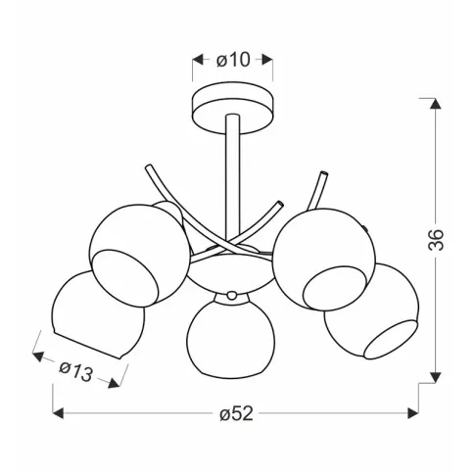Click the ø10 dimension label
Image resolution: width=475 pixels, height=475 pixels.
(233, 60)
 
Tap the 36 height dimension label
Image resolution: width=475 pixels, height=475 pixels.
(436, 240)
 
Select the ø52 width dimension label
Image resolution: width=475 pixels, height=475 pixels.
(237, 414)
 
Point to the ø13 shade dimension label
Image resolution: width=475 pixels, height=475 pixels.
(76, 371)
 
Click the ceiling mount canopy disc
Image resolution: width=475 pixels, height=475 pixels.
(233, 108)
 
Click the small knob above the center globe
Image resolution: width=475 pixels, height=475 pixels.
(232, 296)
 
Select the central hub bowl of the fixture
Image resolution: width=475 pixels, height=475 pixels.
(231, 273)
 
